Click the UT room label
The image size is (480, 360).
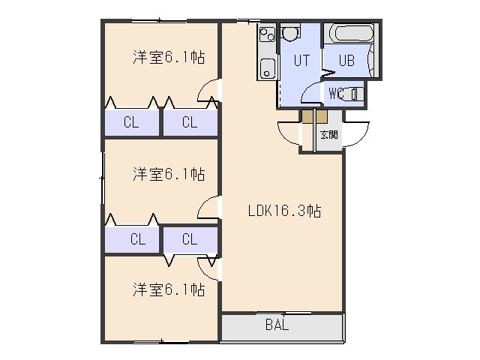tap(301, 60)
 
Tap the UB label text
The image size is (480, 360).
tap(346, 60)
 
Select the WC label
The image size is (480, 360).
tap(336, 93)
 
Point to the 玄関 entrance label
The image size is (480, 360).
tap(329, 134)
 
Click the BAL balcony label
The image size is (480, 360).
tap(277, 325)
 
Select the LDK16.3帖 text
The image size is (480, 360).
tap(285, 211)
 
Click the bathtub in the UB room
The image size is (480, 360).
tap(352, 33)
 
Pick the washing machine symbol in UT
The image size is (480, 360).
tap(289, 33)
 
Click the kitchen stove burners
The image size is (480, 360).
tap(267, 34)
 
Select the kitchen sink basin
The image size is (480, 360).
tap(268, 69)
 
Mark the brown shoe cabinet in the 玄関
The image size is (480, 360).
tap(315, 116)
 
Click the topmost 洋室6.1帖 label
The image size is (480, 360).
tap(169, 57)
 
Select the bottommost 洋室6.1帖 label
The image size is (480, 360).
tap(169, 289)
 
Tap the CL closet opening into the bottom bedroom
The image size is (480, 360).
tap(190, 239)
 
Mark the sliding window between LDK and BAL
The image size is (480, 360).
tap(283, 313)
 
